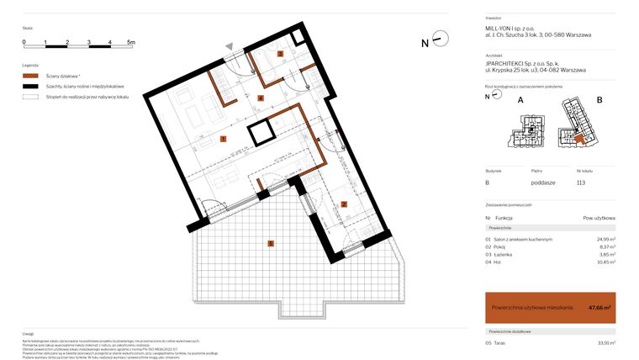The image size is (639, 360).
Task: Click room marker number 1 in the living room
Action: point(223,139)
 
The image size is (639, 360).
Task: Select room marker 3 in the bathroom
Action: point(281,53)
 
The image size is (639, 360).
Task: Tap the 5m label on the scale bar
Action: point(130,41)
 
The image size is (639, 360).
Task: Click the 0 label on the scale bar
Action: point(24,41)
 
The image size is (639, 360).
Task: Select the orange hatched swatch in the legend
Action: point(31,76)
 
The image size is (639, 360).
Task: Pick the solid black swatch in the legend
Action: point(31,87)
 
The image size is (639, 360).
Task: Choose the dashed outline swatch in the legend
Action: point(31,98)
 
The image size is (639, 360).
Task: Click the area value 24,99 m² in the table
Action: point(605,240)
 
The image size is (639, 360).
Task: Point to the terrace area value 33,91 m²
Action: point(605,342)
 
